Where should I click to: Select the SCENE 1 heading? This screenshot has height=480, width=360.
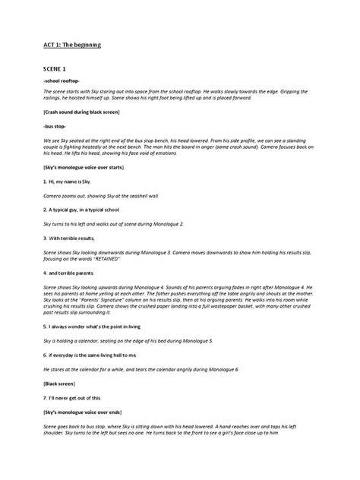point(58,68)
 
